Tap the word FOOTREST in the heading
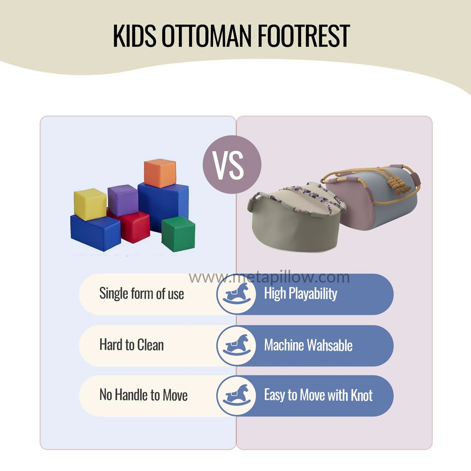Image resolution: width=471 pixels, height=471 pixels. point(304,36)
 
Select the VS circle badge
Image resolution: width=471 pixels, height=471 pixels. point(232,164)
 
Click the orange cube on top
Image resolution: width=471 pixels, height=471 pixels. point(160,173)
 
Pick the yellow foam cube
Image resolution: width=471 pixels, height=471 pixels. point(90,204)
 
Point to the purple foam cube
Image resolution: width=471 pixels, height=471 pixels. point(123,200)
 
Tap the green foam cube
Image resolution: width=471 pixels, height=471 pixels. point(178,234)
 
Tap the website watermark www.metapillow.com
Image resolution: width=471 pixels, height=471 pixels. point(269,277)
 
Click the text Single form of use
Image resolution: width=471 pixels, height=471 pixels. point(141,293)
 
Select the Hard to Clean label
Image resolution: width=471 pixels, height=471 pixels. point(131,345)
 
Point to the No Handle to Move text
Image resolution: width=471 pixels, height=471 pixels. point(143,395)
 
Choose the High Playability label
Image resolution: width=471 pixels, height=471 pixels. point(301,293)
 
